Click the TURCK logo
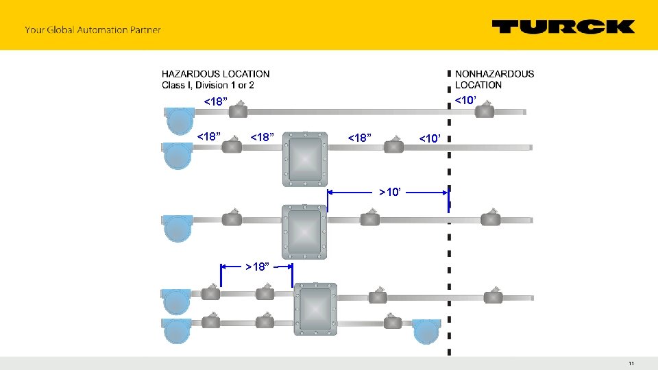coord(563,27)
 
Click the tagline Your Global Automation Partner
coord(93,29)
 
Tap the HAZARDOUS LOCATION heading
coord(216,73)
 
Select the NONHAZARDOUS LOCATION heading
coord(494,79)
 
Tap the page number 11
coord(631,363)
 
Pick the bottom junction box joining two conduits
coord(315,309)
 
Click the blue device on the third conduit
coord(177,227)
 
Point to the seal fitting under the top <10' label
coord(485,110)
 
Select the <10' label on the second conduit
coord(432,139)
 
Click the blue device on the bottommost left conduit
coord(176,330)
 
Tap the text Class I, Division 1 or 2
coord(208,85)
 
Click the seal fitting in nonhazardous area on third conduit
coord(490,218)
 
